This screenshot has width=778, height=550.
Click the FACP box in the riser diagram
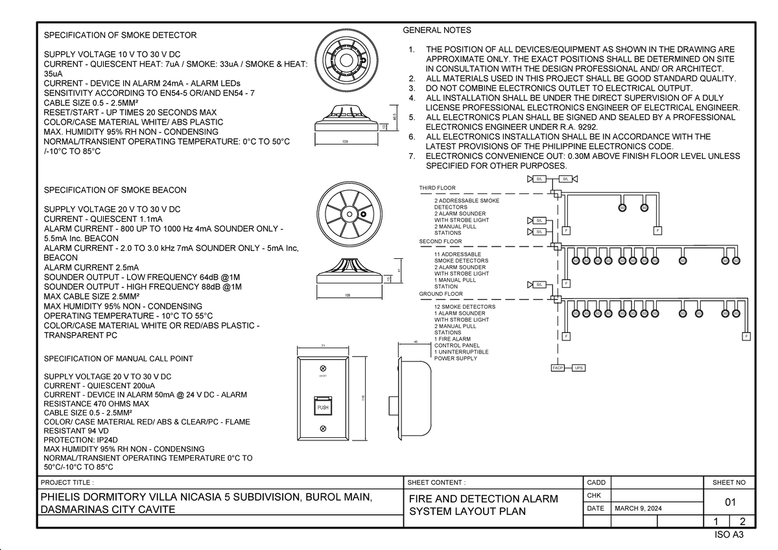click(557, 368)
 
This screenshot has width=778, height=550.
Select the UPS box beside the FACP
click(579, 368)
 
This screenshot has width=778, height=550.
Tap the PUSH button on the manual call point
click(323, 407)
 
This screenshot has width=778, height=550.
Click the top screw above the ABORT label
click(323, 367)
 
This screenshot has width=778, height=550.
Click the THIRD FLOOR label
click(438, 188)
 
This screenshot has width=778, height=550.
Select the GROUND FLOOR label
click(441, 294)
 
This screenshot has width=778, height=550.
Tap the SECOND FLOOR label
click(440, 241)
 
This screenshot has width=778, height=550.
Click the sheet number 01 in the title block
click(730, 503)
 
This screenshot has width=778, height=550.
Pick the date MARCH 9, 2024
click(638, 508)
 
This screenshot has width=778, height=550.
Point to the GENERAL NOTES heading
click(437, 30)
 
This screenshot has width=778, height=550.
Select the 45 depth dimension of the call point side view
click(416, 342)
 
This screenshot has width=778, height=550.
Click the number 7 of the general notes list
click(411, 156)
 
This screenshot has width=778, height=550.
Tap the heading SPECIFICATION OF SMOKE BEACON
click(115, 190)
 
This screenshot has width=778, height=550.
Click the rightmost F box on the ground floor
click(746, 336)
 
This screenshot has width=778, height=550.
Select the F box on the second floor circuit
click(566, 283)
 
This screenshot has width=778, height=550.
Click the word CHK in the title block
click(594, 496)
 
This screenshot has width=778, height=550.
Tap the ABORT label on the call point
click(323, 376)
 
